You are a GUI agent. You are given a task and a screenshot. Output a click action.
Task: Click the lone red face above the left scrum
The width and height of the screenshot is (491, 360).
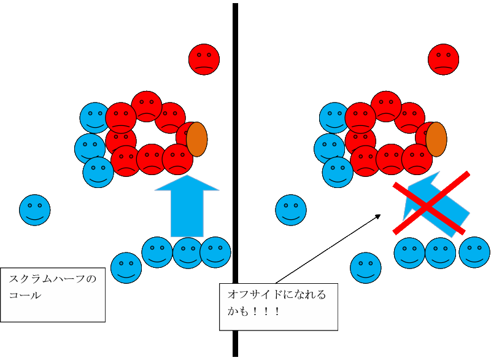[204, 60]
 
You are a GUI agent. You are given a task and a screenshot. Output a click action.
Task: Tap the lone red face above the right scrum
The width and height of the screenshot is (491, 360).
[443, 60]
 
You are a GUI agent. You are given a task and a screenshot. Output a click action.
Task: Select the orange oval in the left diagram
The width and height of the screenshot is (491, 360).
[197, 138]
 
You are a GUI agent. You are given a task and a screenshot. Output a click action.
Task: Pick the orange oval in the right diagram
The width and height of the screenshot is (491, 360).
[436, 138]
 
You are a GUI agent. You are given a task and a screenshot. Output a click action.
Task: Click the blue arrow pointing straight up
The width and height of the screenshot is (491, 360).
[187, 206]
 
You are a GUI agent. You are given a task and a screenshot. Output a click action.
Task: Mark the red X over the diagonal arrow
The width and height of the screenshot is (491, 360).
[431, 202]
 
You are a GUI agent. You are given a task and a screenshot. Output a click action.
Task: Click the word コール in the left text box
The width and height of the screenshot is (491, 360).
[25, 295]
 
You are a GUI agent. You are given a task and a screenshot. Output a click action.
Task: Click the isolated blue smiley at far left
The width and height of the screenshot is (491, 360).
[35, 210]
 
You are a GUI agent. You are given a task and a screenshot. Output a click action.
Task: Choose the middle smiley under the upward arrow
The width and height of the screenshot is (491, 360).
[188, 252]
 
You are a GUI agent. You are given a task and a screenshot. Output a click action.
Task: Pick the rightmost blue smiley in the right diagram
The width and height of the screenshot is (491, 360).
[474, 252]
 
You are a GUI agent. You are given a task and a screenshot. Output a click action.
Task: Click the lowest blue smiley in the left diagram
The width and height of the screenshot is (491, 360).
[126, 268]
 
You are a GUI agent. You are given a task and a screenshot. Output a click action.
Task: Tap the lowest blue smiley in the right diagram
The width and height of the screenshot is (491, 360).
[365, 268]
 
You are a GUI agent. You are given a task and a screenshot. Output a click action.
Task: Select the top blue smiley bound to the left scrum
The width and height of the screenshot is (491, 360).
[95, 117]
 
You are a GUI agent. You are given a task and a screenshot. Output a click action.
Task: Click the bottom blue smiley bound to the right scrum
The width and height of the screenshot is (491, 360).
[337, 172]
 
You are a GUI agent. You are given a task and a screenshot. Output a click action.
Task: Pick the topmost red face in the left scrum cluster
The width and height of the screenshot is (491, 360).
[147, 106]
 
